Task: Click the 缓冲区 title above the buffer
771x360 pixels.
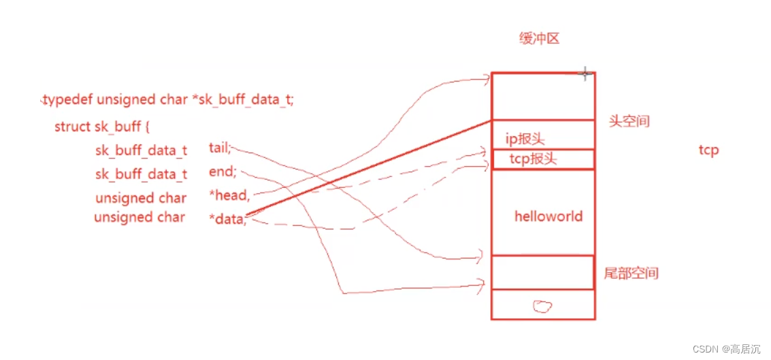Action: pyautogui.click(x=539, y=39)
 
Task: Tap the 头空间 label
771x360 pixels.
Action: pyautogui.click(x=629, y=122)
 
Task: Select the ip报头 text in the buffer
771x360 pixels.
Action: pyautogui.click(x=525, y=139)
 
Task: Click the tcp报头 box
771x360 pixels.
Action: pyautogui.click(x=542, y=159)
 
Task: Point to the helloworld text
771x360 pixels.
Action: pyautogui.click(x=548, y=216)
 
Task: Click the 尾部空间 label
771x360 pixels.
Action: pyautogui.click(x=631, y=274)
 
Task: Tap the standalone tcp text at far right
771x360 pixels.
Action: pyautogui.click(x=708, y=150)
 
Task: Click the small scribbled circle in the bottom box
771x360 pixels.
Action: pyautogui.click(x=542, y=306)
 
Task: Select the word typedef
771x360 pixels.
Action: pyautogui.click(x=67, y=99)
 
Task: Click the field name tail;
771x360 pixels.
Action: pyautogui.click(x=220, y=148)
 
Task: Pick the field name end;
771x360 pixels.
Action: pyautogui.click(x=223, y=172)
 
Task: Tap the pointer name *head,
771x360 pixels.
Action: pyautogui.click(x=230, y=197)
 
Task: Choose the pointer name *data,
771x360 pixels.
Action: pyautogui.click(x=227, y=218)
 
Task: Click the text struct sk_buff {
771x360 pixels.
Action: pyautogui.click(x=97, y=127)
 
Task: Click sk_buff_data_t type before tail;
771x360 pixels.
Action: pyautogui.click(x=141, y=150)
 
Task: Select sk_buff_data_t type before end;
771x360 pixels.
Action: pyautogui.click(x=141, y=174)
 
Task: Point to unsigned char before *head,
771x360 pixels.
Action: pyautogui.click(x=141, y=198)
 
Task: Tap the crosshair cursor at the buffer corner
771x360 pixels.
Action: pyautogui.click(x=585, y=73)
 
